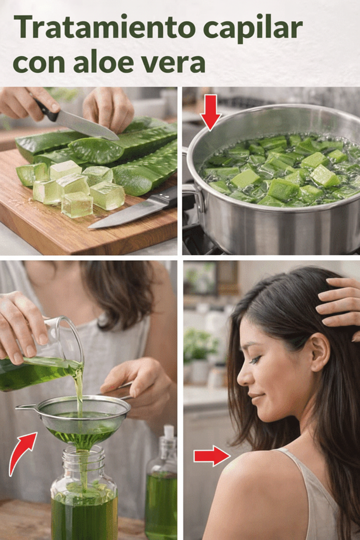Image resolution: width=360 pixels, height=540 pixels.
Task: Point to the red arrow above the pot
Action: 211,112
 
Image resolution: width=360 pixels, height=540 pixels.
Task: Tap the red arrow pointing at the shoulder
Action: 211,456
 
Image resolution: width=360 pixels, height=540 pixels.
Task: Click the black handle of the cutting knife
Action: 47,110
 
